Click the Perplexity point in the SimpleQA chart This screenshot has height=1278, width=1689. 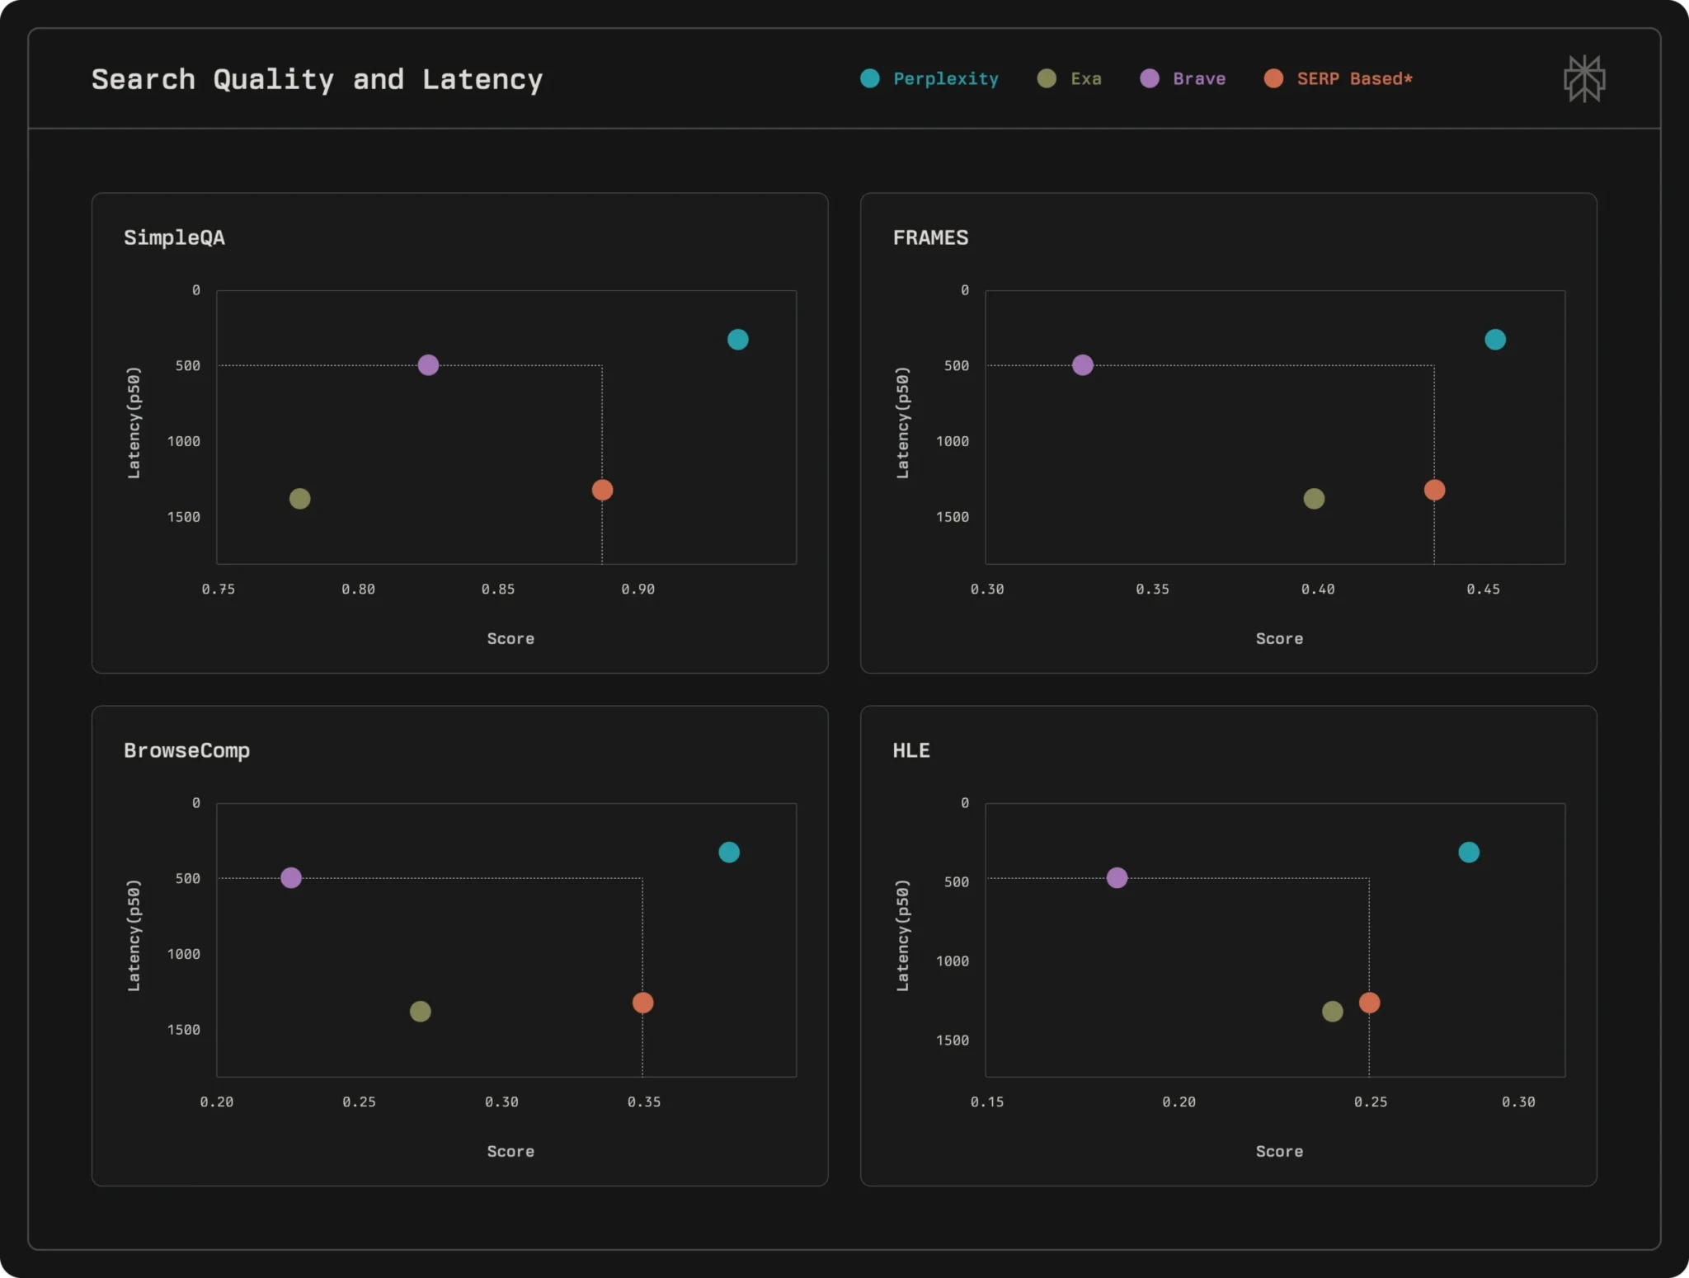pyautogui.click(x=737, y=339)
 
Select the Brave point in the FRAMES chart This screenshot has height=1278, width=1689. pyautogui.click(x=1082, y=364)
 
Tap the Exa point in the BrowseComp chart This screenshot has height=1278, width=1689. pyautogui.click(x=420, y=1011)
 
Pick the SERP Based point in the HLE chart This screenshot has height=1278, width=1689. pyautogui.click(x=1369, y=1002)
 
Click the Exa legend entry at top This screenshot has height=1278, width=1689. pyautogui.click(x=1070, y=78)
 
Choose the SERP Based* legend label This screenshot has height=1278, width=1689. pyautogui.click(x=1353, y=78)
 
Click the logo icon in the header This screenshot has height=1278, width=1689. pyautogui.click(x=1584, y=79)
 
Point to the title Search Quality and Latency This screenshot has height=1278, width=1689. pyautogui.click(x=317, y=79)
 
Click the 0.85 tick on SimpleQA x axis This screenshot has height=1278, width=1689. pyautogui.click(x=497, y=589)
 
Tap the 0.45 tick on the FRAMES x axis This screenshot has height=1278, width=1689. pyautogui.click(x=1483, y=589)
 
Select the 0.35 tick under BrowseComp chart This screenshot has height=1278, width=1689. pyautogui.click(x=643, y=1102)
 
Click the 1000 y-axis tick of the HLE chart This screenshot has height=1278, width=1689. pyautogui.click(x=952, y=961)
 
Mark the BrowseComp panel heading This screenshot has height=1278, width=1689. pyautogui.click(x=186, y=750)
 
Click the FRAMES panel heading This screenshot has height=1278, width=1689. pyautogui.click(x=930, y=237)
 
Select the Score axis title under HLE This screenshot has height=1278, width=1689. pyautogui.click(x=1279, y=1151)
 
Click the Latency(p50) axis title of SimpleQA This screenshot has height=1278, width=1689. pyautogui.click(x=134, y=422)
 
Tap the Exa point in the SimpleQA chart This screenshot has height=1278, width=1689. pyautogui.click(x=299, y=498)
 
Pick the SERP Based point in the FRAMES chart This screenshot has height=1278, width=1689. pyautogui.click(x=1434, y=490)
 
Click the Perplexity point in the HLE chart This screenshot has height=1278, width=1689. pyautogui.click(x=1468, y=852)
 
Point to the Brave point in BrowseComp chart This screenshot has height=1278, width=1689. pyautogui.click(x=290, y=877)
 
